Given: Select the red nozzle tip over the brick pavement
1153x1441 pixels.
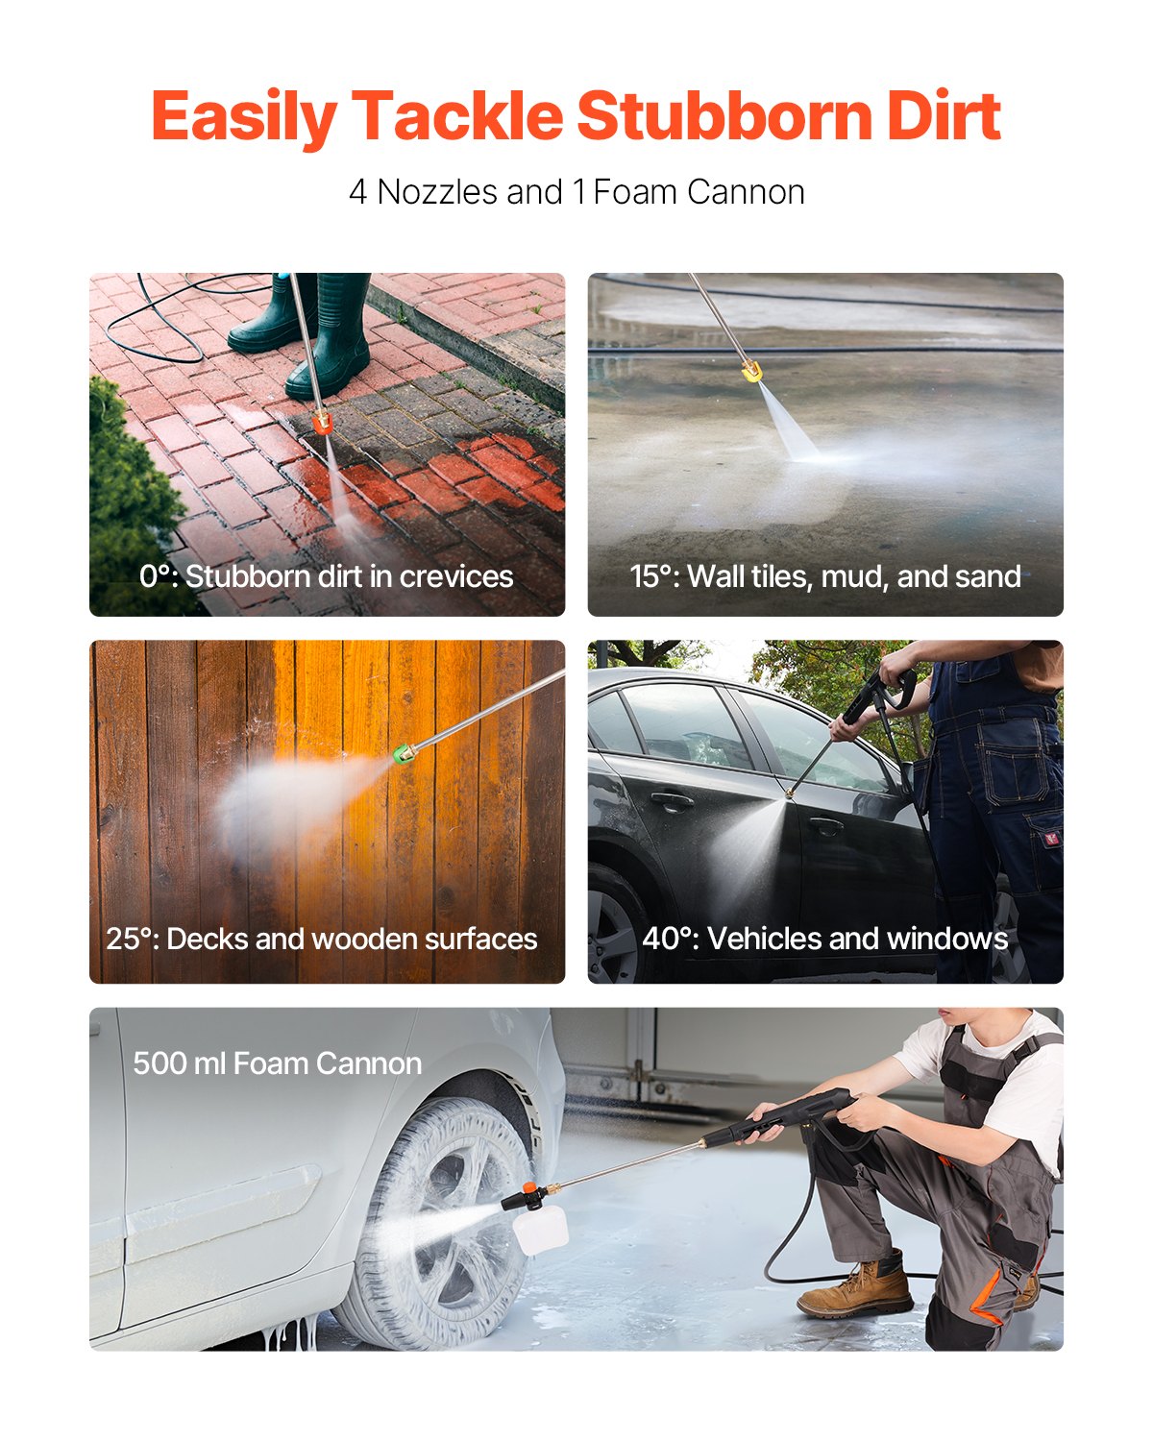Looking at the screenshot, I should click(321, 420).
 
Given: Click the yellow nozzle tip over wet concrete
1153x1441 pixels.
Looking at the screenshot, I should click(751, 370).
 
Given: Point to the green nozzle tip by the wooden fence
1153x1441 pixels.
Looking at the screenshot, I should click(404, 756).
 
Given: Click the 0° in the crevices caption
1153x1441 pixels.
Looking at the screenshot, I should click(157, 576).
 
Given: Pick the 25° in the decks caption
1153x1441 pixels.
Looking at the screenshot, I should click(131, 939).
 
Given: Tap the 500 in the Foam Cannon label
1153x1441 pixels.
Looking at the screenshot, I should click(157, 1063).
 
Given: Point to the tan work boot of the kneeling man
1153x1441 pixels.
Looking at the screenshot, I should click(855, 1287).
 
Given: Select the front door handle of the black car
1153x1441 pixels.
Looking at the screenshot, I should click(824, 824).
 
